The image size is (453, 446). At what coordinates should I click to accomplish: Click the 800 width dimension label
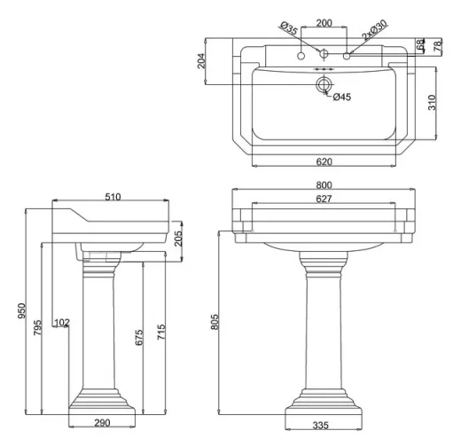(324, 184)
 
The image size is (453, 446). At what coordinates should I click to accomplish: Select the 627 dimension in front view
(324, 199)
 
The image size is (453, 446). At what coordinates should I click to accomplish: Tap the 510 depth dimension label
(112, 198)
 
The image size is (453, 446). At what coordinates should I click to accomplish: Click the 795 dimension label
(36, 327)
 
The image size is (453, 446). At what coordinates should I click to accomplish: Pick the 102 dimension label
(61, 322)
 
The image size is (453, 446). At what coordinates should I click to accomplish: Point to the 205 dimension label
(178, 236)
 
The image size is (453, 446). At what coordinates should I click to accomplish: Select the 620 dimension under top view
(324, 162)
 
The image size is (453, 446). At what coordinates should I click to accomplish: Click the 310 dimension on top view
(432, 103)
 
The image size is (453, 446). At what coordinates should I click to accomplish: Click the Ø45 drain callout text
(342, 97)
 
